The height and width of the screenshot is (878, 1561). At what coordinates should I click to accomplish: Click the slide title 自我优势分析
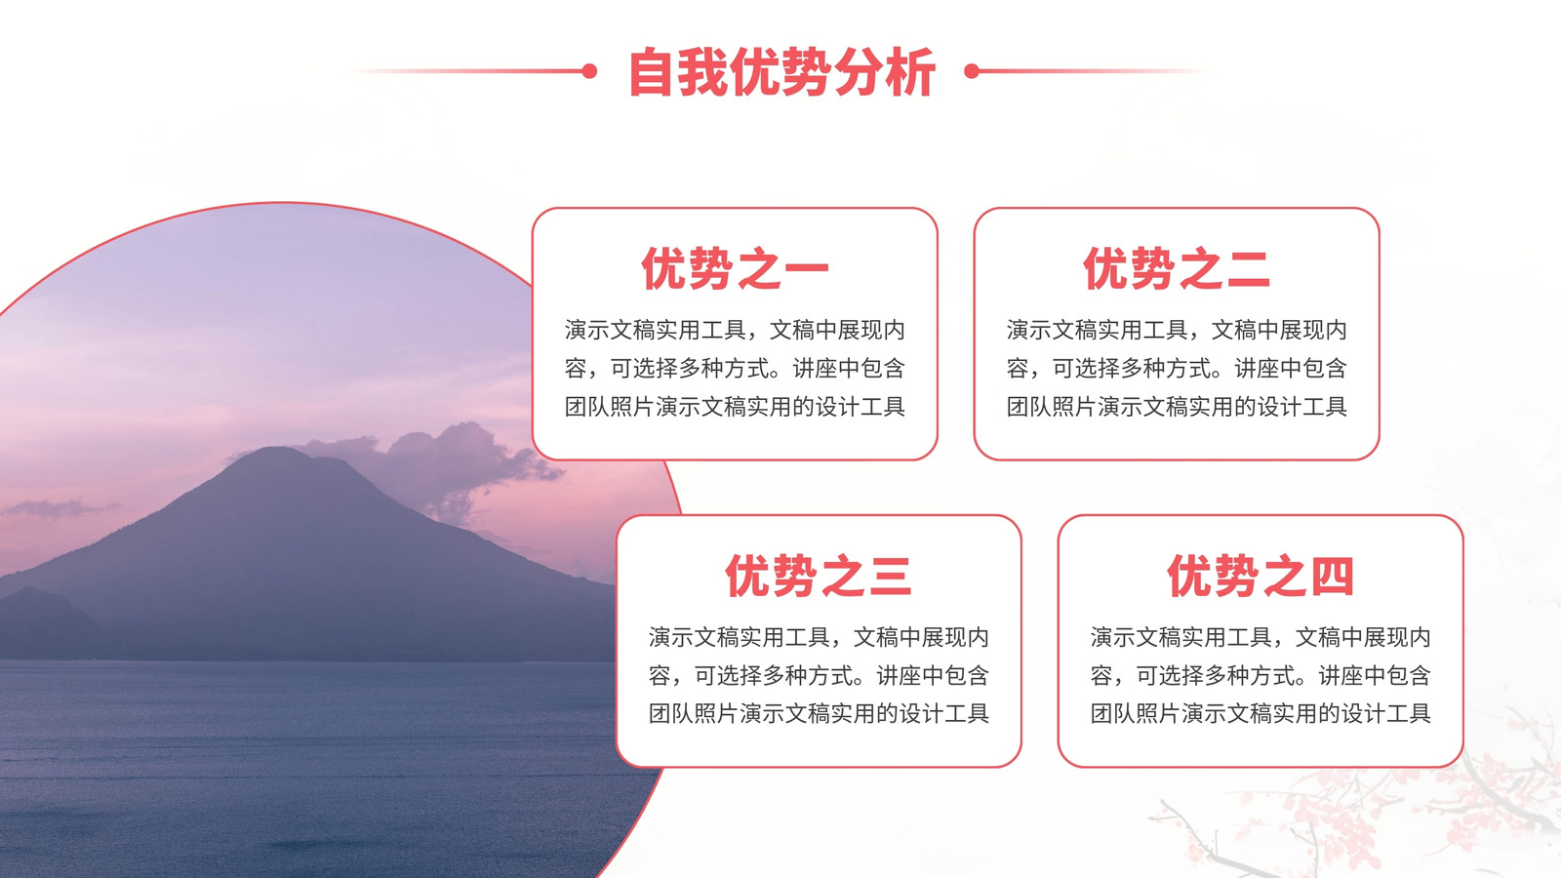(781, 72)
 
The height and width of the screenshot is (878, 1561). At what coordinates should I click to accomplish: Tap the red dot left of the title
(589, 71)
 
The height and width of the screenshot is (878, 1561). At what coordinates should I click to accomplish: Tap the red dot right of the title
(972, 71)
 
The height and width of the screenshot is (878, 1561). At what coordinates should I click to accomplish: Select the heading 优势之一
(735, 269)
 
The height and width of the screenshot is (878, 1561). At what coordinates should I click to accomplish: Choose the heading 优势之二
(1177, 269)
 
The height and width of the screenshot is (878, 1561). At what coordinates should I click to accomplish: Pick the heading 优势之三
(819, 577)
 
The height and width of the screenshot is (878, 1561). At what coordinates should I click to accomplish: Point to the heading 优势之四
(1260, 577)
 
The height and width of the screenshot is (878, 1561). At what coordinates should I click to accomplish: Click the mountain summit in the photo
(279, 450)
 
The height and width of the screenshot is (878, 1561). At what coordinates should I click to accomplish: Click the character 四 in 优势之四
(1332, 577)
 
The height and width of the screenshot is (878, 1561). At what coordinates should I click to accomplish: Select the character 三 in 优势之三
(890, 577)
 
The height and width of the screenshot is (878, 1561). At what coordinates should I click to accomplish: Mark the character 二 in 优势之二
(1248, 269)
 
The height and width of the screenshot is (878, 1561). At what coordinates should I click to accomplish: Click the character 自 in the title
(652, 72)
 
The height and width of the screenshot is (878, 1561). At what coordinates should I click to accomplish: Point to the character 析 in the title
(911, 72)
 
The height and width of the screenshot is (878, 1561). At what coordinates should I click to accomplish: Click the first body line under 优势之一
(735, 331)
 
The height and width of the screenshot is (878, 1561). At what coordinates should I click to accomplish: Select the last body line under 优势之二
(1177, 407)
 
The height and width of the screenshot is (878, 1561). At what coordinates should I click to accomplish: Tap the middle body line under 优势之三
(819, 676)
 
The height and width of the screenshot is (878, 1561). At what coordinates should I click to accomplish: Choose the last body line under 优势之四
(1260, 714)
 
